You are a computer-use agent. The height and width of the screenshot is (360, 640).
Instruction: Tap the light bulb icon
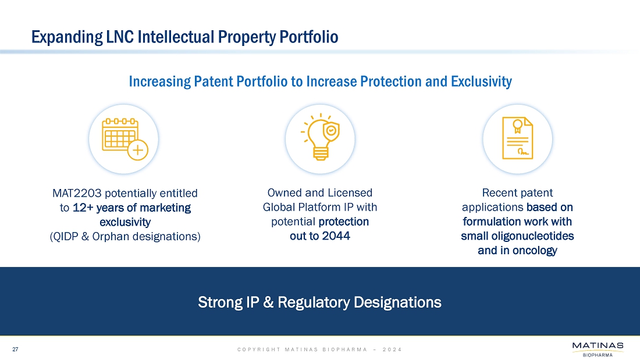321,137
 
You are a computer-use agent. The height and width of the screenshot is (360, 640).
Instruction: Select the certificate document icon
518,138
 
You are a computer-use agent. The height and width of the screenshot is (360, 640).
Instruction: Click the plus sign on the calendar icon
138,150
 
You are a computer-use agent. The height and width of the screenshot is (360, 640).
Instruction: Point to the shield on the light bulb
331,131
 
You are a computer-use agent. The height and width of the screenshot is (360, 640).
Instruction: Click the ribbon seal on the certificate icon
518,126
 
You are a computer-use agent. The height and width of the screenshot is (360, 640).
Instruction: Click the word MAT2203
77,193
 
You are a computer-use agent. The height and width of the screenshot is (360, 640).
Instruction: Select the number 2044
336,236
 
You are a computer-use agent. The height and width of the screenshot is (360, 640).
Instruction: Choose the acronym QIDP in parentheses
65,236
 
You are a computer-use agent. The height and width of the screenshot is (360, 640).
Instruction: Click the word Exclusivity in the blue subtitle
481,81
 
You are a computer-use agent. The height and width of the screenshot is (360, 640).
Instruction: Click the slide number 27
15,350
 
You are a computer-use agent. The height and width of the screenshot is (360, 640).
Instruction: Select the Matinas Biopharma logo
598,350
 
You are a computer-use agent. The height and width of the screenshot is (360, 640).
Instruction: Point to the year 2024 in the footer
392,350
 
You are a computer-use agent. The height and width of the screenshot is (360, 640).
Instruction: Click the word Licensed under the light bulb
351,193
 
